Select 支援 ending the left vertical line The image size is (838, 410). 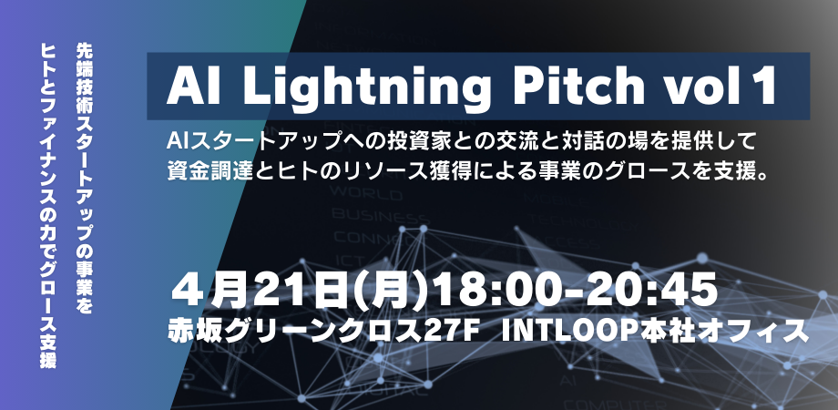click(x=48, y=354)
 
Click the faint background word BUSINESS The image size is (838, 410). click(x=380, y=216)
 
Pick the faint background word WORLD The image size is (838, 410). click(x=366, y=192)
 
